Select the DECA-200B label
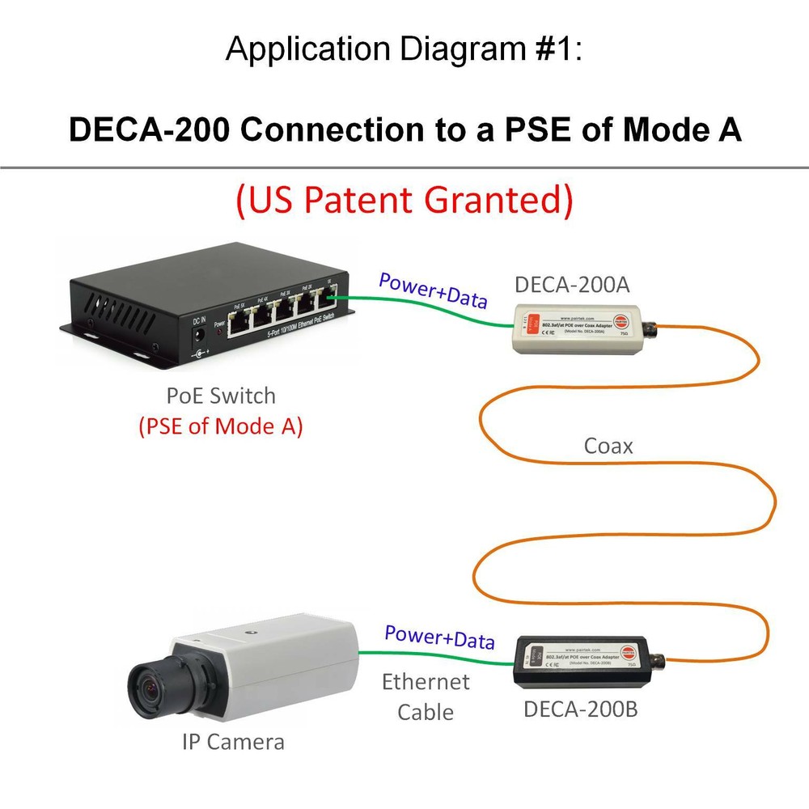pyautogui.click(x=581, y=709)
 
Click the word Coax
pyautogui.click(x=608, y=446)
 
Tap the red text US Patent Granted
pyautogui.click(x=404, y=200)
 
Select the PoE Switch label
pyautogui.click(x=221, y=396)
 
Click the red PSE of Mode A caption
pyautogui.click(x=221, y=426)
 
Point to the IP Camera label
pyautogui.click(x=234, y=741)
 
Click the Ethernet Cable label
pyautogui.click(x=426, y=697)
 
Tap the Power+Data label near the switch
pyautogui.click(x=433, y=292)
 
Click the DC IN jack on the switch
pyautogui.click(x=198, y=354)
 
